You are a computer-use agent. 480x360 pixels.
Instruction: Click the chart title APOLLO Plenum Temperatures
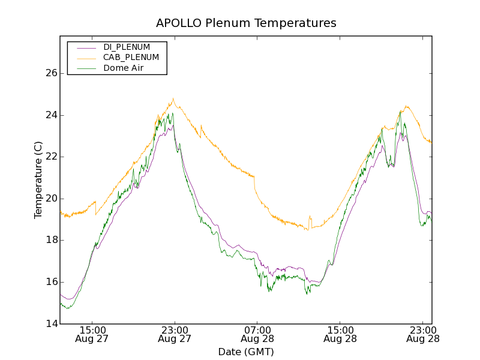246,23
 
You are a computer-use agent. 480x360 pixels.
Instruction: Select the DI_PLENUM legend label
127,47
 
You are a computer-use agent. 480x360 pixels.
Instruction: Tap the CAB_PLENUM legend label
131,58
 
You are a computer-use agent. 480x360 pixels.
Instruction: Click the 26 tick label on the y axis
51,73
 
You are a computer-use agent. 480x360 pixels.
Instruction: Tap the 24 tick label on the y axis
51,115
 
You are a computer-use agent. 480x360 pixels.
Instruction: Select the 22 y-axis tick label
51,157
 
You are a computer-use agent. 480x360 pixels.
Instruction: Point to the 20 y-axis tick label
51,199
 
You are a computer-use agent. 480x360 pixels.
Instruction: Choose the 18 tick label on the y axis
51,240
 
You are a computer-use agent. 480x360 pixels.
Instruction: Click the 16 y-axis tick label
51,282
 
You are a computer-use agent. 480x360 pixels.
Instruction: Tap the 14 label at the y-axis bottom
51,324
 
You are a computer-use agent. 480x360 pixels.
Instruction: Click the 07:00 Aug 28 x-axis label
257,334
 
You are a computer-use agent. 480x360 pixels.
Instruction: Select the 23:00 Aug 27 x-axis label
174,334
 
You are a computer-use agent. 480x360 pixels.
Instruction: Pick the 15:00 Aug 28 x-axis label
340,334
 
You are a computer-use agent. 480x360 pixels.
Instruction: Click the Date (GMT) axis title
246,352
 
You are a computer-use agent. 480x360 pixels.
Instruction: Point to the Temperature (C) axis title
38,180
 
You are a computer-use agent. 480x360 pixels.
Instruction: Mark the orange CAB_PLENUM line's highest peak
173,98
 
